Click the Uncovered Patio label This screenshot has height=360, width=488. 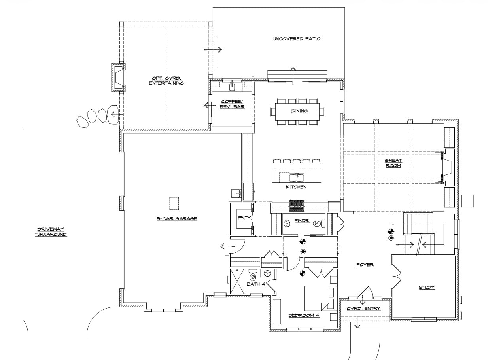tap(297, 39)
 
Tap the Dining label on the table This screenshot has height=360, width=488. tap(299, 111)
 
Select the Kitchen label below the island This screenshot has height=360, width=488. tap(296, 187)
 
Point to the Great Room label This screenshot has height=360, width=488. tap(393, 163)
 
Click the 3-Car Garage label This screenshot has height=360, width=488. tap(177, 218)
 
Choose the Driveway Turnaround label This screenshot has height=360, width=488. tap(51, 232)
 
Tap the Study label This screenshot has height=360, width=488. tap(427, 288)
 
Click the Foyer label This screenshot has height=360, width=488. tap(365, 265)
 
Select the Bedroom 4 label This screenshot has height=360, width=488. tap(304, 315)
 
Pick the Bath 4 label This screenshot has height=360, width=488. tap(256, 284)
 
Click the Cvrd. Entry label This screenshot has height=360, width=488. tap(363, 309)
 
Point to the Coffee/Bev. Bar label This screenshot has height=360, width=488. tap(232, 104)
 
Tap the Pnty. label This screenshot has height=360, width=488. tap(245, 218)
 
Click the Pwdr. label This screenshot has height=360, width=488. tap(302, 221)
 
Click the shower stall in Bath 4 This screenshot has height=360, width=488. tap(237, 281)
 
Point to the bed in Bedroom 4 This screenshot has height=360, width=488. tap(320, 298)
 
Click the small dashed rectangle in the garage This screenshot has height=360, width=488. tap(174, 203)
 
